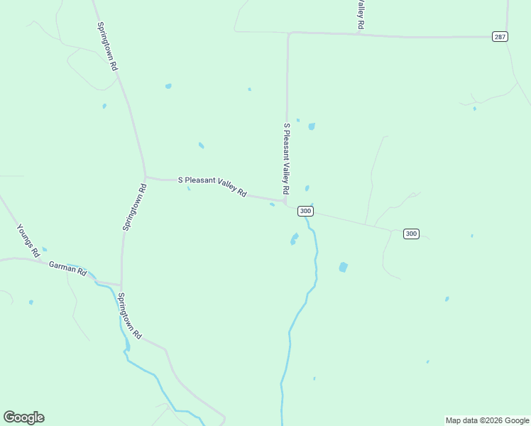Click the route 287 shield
pyautogui.click(x=500, y=36)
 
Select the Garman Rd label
pyautogui.click(x=67, y=268)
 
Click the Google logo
pyautogui.click(x=23, y=417)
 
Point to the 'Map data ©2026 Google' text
pyautogui.click(x=487, y=420)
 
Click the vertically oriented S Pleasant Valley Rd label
pyautogui.click(x=287, y=159)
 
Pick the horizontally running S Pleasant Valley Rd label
pyautogui.click(x=212, y=187)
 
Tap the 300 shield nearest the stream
pyautogui.click(x=305, y=211)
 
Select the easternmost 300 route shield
pyautogui.click(x=411, y=234)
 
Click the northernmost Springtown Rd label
pyautogui.click(x=107, y=45)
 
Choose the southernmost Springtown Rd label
pyautogui.click(x=130, y=315)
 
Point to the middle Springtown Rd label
pyautogui.click(x=134, y=207)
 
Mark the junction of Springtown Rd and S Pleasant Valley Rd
pyautogui.click(x=146, y=177)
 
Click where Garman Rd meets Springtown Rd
pyautogui.click(x=121, y=285)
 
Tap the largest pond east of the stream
pyautogui.click(x=344, y=267)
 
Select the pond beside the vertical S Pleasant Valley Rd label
pyautogui.click(x=311, y=126)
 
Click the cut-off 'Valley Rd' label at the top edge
pyautogui.click(x=361, y=14)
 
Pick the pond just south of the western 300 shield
pyautogui.click(x=294, y=239)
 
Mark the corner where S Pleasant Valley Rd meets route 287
pyautogui.click(x=288, y=33)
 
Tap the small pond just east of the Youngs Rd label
pyautogui.click(x=44, y=249)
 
